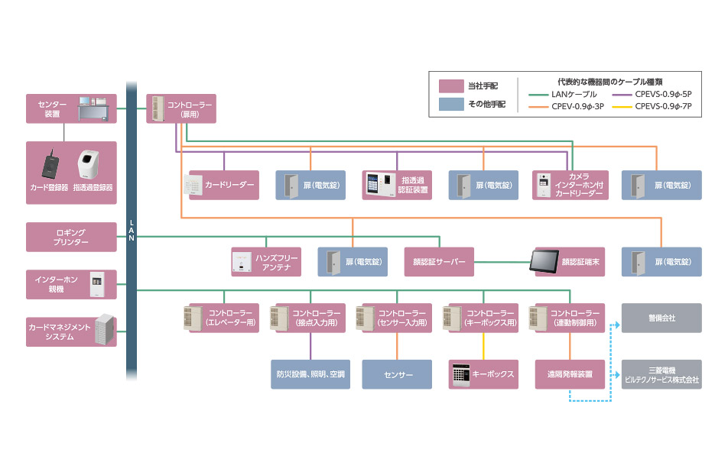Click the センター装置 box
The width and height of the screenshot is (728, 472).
(x=71, y=108)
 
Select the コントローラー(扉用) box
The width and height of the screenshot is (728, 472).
(x=180, y=108)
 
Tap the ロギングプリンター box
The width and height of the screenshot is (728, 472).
(x=71, y=237)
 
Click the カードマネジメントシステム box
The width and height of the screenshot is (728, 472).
(x=71, y=332)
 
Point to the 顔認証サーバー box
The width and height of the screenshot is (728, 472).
(x=439, y=262)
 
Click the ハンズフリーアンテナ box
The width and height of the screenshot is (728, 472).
(x=265, y=262)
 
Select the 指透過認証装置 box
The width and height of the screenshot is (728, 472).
(x=397, y=185)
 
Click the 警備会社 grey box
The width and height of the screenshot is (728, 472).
(x=661, y=318)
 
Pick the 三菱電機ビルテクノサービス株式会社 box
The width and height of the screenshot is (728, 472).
(x=661, y=374)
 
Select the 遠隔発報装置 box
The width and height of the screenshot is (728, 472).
(x=570, y=374)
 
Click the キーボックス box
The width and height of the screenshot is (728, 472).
(x=483, y=374)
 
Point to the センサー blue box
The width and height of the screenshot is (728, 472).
(x=398, y=374)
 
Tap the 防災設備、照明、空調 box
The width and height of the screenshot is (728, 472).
(x=310, y=374)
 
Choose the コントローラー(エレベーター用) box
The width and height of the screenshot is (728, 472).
(x=223, y=318)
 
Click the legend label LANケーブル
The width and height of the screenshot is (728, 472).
(x=573, y=94)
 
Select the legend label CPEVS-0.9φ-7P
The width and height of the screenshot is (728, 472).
(x=663, y=107)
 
